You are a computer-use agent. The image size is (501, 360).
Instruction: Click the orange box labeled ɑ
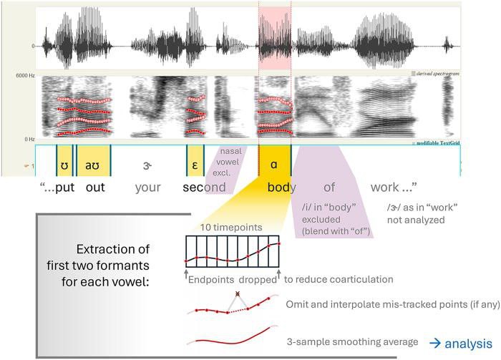point(274,162)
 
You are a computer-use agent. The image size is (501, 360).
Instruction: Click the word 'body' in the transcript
point(282,188)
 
